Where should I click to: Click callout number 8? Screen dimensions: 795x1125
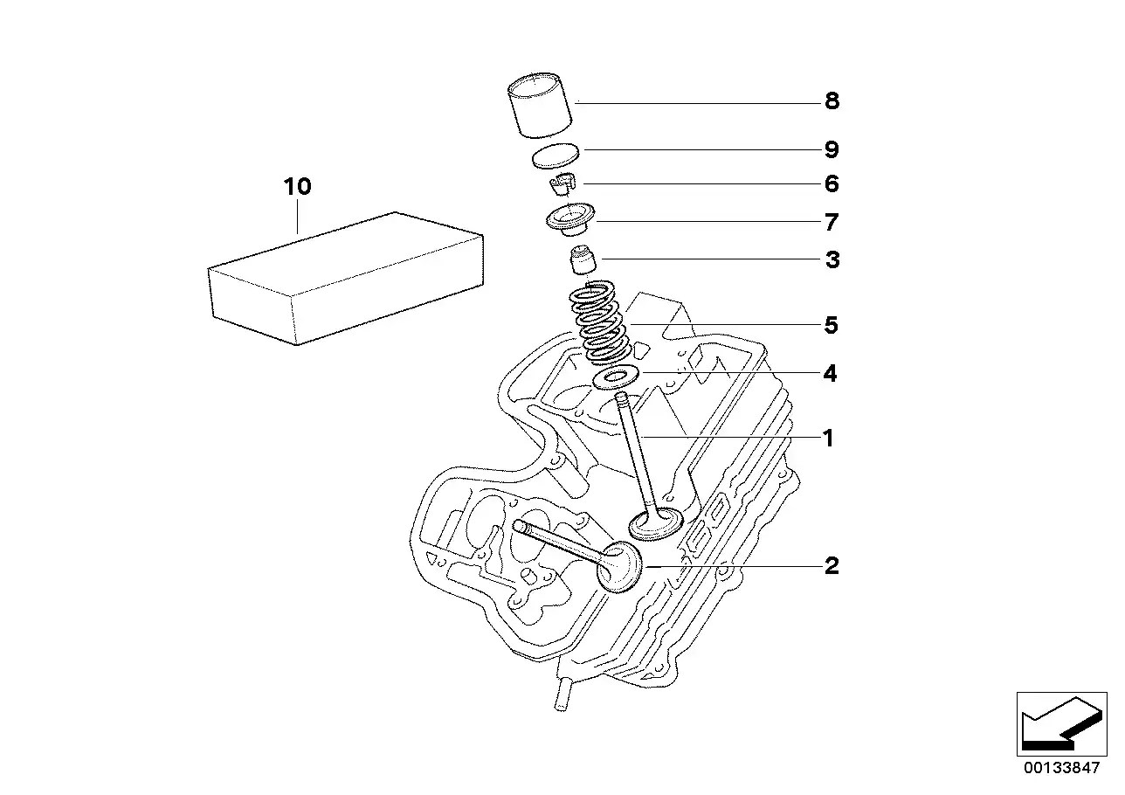pyautogui.click(x=831, y=101)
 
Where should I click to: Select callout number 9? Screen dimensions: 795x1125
pyautogui.click(x=831, y=149)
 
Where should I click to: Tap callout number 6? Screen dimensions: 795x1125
pyautogui.click(x=831, y=183)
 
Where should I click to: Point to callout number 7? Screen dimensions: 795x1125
pyautogui.click(x=831, y=222)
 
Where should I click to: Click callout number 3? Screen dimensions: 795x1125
pyautogui.click(x=831, y=259)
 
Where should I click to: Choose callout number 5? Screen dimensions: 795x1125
pyautogui.click(x=831, y=326)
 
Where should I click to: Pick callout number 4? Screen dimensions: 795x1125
pyautogui.click(x=831, y=374)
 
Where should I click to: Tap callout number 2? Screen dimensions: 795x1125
pyautogui.click(x=831, y=566)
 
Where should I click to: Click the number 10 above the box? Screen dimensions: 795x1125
pyautogui.click(x=297, y=187)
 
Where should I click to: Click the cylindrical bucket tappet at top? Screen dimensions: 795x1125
pyautogui.click(x=541, y=107)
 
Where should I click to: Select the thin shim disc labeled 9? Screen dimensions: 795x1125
pyautogui.click(x=556, y=156)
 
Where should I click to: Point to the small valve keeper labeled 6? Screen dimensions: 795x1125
pyautogui.click(x=564, y=186)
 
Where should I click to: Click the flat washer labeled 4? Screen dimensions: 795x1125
pyautogui.click(x=617, y=378)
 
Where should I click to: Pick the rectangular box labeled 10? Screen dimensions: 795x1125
pyautogui.click(x=345, y=280)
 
